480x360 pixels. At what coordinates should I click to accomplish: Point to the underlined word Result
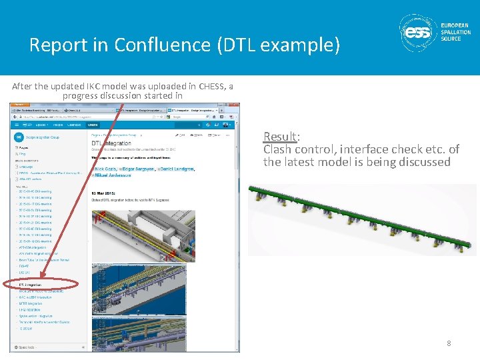[280, 137]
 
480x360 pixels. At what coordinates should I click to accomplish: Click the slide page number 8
[449, 343]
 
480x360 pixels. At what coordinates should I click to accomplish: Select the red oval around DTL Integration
[40, 285]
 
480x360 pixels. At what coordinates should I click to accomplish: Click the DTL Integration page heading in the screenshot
[111, 143]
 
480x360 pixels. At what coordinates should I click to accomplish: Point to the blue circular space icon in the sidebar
[18, 137]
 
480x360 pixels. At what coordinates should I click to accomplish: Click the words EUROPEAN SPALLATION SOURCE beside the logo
[455, 32]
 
